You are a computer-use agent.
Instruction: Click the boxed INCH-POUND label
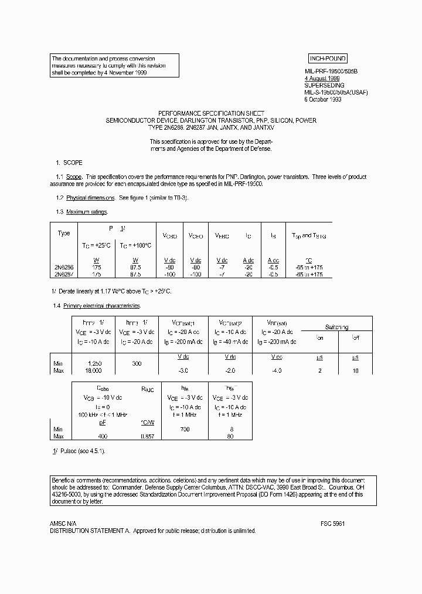328,58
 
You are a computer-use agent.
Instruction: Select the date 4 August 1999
321,77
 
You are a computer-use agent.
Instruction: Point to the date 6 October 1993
322,99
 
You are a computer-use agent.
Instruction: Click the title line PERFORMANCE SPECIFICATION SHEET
211,113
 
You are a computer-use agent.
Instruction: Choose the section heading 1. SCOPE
69,163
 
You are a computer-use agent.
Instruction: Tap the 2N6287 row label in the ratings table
64,274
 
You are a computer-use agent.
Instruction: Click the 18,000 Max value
93,371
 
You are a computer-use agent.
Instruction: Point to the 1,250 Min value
93,364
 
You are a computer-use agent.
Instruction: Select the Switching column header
336,327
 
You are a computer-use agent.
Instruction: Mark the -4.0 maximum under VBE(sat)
277,371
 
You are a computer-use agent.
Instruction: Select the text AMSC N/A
63,523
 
